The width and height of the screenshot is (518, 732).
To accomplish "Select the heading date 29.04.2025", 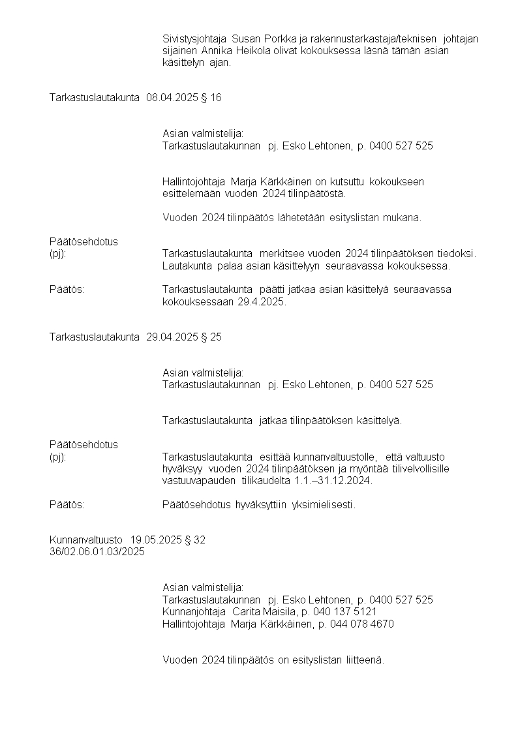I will (172, 337).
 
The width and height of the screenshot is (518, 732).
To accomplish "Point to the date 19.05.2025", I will (156, 540).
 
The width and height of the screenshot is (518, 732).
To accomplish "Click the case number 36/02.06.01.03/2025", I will (97, 551).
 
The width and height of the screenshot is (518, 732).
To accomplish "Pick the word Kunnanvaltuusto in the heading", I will (86, 540).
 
